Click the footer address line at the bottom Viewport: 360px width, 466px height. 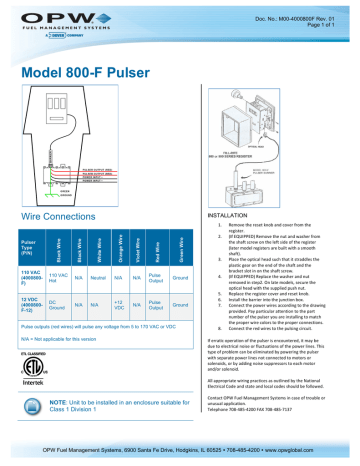[x=180, y=452]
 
